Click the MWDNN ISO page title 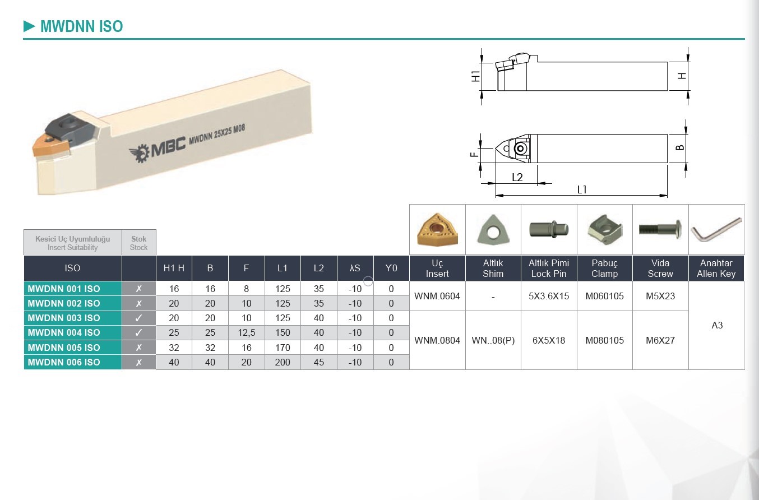click(81, 26)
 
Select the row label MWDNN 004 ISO click(64, 332)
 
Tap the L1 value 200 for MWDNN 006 click(283, 362)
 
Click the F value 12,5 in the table click(246, 332)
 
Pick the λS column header click(355, 268)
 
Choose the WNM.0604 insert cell click(437, 296)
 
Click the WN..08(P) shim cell click(493, 340)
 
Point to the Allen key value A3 click(717, 326)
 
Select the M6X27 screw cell click(660, 340)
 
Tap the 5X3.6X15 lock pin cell click(549, 296)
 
